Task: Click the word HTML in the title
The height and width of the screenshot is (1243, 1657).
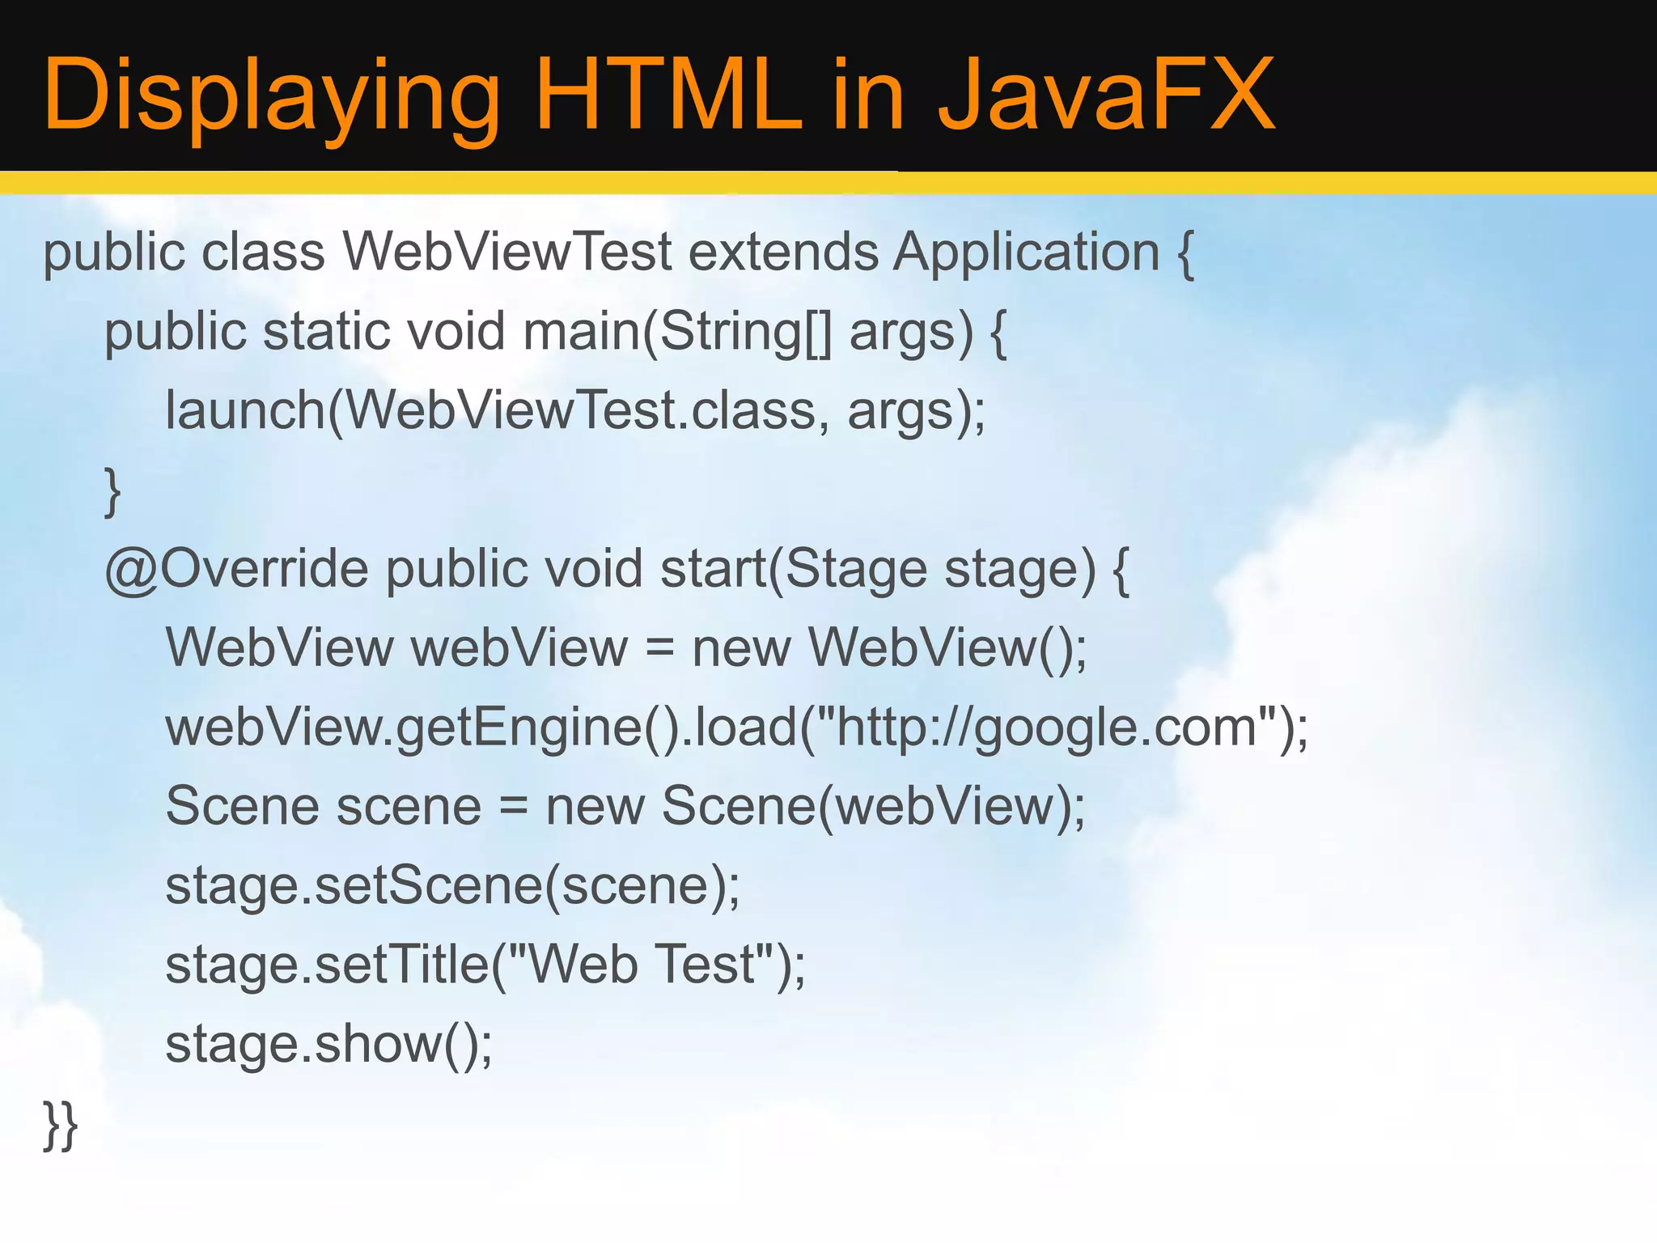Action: (x=668, y=95)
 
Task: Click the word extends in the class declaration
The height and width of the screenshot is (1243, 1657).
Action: (x=782, y=252)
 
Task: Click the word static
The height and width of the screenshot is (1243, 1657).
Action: (x=326, y=331)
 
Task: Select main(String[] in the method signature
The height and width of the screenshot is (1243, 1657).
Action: (x=677, y=333)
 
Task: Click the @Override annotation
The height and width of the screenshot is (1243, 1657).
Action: (x=236, y=569)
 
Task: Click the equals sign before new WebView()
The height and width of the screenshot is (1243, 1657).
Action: (x=659, y=648)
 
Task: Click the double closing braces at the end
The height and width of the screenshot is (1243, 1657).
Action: (x=61, y=1124)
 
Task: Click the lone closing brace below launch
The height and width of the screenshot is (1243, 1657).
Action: (x=113, y=490)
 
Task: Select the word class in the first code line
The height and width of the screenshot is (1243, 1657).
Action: (x=263, y=252)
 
